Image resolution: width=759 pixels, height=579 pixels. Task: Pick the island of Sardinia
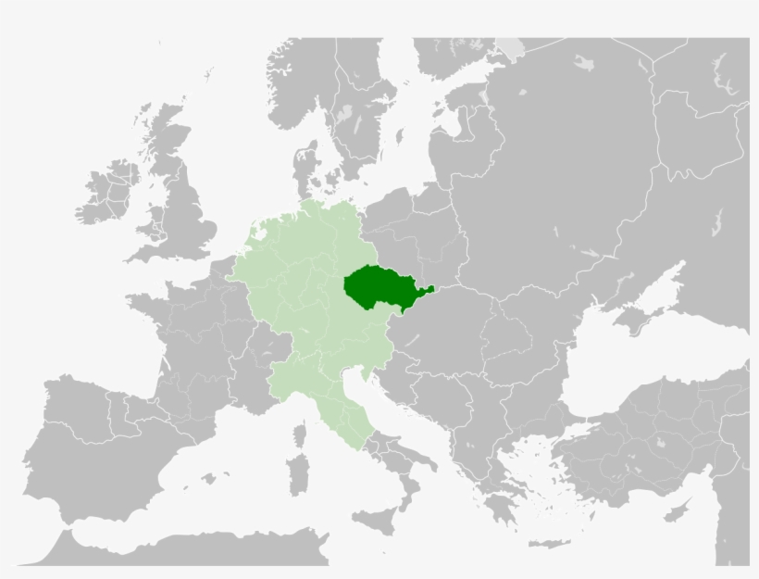click(x=297, y=472)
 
